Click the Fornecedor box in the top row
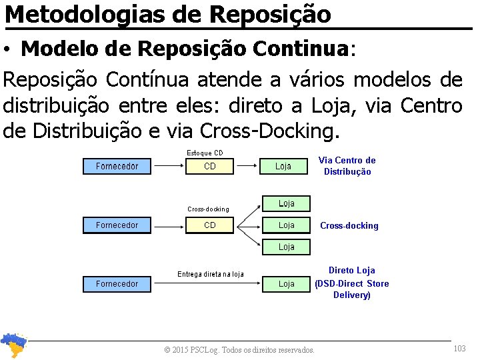pyautogui.click(x=117, y=166)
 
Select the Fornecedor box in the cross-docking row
pyautogui.click(x=117, y=225)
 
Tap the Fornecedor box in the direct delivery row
pyautogui.click(x=117, y=284)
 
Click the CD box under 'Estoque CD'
pyautogui.click(x=209, y=166)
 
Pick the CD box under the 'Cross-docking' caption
pyautogui.click(x=209, y=225)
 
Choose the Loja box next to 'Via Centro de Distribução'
pyautogui.click(x=283, y=166)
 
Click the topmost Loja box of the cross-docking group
pyautogui.click(x=286, y=203)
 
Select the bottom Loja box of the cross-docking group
pyautogui.click(x=286, y=247)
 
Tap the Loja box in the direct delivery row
pyautogui.click(x=286, y=284)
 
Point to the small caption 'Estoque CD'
pyautogui.click(x=205, y=153)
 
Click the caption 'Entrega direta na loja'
pyautogui.click(x=210, y=274)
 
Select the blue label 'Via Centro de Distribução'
pyautogui.click(x=347, y=166)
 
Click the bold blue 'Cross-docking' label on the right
pyautogui.click(x=349, y=226)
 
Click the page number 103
pyautogui.click(x=459, y=349)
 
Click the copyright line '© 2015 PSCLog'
pyautogui.click(x=239, y=349)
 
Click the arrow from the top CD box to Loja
pyautogui.click(x=247, y=166)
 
